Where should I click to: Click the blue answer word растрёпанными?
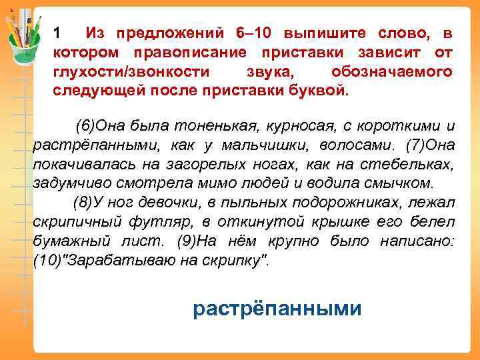click(x=277, y=309)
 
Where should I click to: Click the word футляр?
click(x=149, y=222)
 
